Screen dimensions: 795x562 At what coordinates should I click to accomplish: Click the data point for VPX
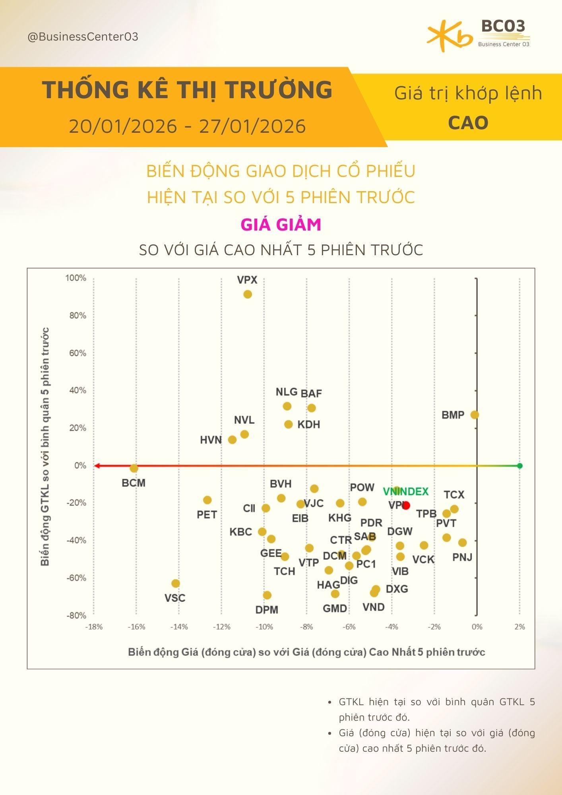(247, 294)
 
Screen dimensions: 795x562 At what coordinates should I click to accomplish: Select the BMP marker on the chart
(475, 415)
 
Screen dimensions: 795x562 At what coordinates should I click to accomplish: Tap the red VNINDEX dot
(406, 506)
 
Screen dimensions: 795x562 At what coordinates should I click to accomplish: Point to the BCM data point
(134, 468)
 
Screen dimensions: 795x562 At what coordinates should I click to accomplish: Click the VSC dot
(176, 583)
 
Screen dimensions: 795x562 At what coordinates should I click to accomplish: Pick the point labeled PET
(207, 500)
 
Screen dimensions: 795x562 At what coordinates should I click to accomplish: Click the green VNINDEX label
(406, 492)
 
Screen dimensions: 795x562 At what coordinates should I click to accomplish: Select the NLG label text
(287, 392)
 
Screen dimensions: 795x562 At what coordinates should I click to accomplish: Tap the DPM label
(267, 610)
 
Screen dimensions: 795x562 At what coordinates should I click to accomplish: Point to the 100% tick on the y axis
(76, 278)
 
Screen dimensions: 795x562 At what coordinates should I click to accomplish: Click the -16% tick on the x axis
(136, 627)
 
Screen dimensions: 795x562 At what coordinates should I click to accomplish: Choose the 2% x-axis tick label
(519, 627)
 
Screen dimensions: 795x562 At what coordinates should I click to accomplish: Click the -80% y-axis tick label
(76, 615)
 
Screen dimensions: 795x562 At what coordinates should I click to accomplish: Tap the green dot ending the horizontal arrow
(519, 465)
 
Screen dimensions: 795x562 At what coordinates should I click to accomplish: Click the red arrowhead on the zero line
(97, 465)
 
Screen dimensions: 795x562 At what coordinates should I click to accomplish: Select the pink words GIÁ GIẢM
(281, 225)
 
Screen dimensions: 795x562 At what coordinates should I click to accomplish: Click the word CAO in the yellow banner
(468, 123)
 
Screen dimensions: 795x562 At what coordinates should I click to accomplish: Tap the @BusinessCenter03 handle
(83, 37)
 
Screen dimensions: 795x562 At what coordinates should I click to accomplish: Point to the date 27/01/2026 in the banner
(252, 126)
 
